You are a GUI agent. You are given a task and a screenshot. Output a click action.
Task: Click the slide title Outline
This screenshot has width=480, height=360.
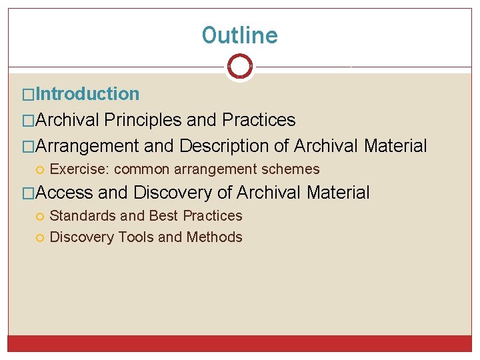tap(240, 35)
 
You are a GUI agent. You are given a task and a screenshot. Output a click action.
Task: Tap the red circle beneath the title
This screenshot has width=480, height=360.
tap(240, 66)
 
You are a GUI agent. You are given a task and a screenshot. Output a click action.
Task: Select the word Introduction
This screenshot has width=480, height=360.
tap(87, 94)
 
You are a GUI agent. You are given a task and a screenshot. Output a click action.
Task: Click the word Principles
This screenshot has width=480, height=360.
tap(143, 120)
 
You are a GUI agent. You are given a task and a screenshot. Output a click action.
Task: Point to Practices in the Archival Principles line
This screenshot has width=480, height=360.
tap(259, 120)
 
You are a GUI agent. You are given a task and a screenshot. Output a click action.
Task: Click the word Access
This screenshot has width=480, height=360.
tap(64, 193)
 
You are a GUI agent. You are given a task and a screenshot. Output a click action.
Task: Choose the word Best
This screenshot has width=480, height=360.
tap(163, 216)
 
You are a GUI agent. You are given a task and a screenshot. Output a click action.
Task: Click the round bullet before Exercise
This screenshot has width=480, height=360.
tap(41, 170)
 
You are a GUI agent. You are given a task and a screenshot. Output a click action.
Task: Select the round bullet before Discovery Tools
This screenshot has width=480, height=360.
tap(41, 238)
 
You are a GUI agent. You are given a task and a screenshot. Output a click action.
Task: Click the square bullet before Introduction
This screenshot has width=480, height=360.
tap(29, 95)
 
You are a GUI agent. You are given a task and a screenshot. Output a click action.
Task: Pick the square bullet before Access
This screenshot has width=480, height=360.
tap(29, 193)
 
